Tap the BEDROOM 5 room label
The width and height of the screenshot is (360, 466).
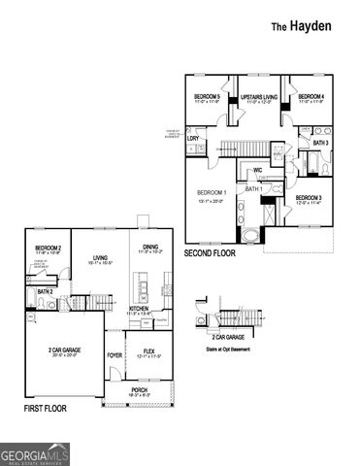[x=207, y=97]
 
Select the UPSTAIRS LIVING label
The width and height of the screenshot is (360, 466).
[x=259, y=97]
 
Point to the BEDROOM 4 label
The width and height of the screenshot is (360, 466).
[x=311, y=97]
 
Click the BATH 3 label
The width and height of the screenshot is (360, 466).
[x=320, y=143]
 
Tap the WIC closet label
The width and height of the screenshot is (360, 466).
[x=257, y=171]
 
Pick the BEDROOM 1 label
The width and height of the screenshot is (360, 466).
[x=212, y=192]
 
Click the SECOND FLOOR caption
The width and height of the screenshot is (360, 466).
[x=210, y=252]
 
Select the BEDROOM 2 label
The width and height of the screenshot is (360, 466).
[x=49, y=249]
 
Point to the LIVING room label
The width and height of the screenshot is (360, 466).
[x=101, y=258]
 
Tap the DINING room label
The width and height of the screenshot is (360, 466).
[x=151, y=247]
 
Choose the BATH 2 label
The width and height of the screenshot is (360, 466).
[x=45, y=291]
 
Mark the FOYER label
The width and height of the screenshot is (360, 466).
[x=115, y=354]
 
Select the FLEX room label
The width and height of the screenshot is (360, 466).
[x=150, y=350]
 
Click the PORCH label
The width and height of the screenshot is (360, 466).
[x=141, y=390]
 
